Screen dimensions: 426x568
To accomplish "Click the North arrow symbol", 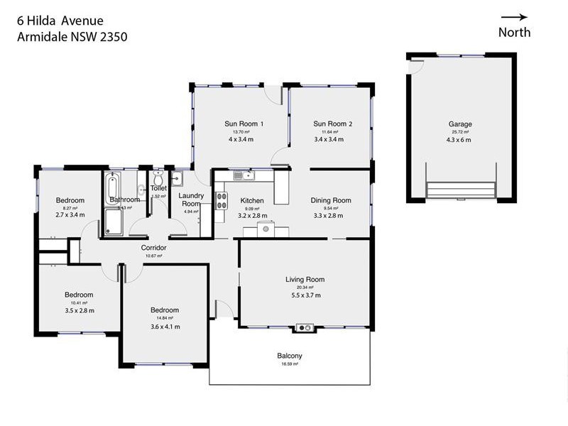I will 514,17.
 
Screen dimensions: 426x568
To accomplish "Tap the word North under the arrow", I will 514,32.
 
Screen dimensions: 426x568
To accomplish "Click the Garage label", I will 459,124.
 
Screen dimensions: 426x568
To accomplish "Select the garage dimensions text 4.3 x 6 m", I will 459,140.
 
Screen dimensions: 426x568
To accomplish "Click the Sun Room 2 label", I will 333,124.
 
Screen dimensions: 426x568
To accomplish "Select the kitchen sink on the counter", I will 244,175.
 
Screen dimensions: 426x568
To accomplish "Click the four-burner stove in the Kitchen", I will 221,201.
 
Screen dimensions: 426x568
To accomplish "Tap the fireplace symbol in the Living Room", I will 305,327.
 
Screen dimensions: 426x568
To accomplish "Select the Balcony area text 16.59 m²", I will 290,364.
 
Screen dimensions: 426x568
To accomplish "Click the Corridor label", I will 154,248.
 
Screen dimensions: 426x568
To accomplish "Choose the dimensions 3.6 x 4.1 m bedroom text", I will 165,327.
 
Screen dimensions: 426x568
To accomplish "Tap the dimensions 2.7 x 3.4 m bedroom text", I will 70,214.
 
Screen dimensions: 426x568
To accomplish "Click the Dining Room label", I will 331,200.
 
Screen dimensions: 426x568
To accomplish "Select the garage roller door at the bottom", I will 460,190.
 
